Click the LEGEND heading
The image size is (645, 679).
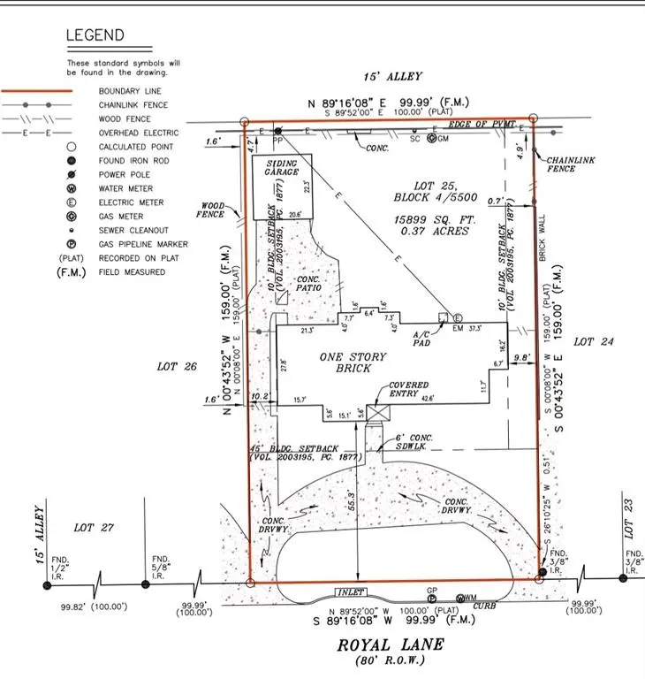point(96,37)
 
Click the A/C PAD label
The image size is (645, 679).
point(421,338)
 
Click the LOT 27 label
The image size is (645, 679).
point(95,528)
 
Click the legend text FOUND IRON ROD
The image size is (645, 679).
point(133,161)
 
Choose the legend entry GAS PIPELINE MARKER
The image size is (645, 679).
point(144,244)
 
